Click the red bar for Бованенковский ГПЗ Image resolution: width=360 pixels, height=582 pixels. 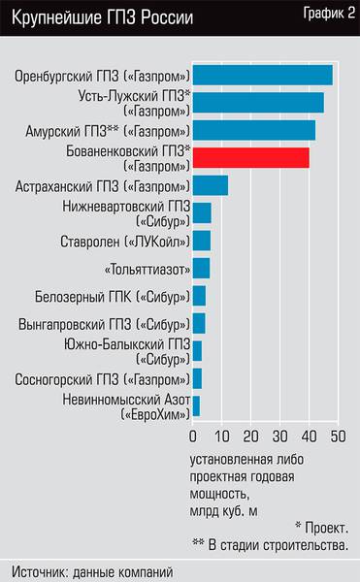coord(251,158)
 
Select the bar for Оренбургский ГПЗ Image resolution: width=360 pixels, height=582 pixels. coord(263,75)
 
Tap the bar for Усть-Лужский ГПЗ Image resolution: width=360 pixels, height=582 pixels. coord(258,103)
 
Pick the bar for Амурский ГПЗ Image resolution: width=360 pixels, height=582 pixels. coord(254,130)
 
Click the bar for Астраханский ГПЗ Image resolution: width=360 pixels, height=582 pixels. coord(211,185)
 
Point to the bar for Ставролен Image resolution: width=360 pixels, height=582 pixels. coord(202,241)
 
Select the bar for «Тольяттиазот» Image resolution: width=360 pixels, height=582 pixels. coord(201,268)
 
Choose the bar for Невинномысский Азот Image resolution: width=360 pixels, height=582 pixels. coord(196,406)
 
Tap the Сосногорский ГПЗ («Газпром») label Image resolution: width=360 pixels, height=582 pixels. coord(102,378)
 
